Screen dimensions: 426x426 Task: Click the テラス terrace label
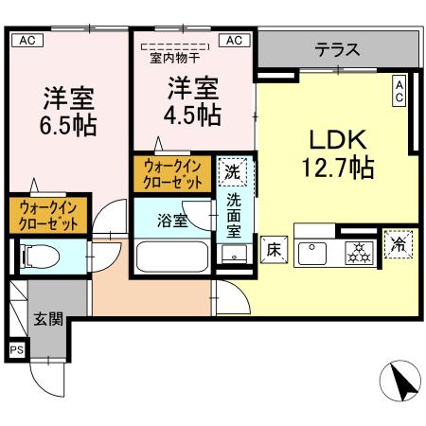337,49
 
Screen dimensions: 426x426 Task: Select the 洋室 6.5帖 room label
68,110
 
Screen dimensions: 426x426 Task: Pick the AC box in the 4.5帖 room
235,40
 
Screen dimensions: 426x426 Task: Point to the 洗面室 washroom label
233,218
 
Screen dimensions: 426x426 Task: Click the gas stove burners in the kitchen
358,251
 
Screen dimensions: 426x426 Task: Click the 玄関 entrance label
47,318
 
